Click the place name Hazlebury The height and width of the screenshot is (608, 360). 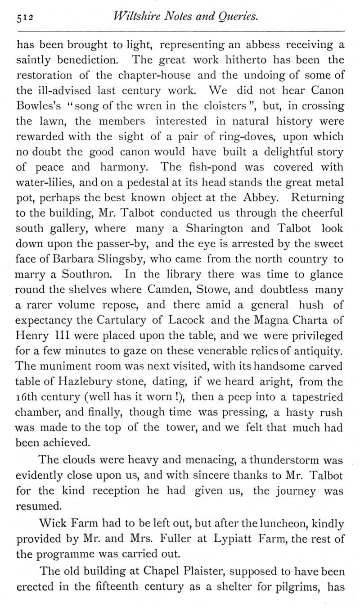tap(93, 381)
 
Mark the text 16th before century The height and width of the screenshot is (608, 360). tap(28, 397)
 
